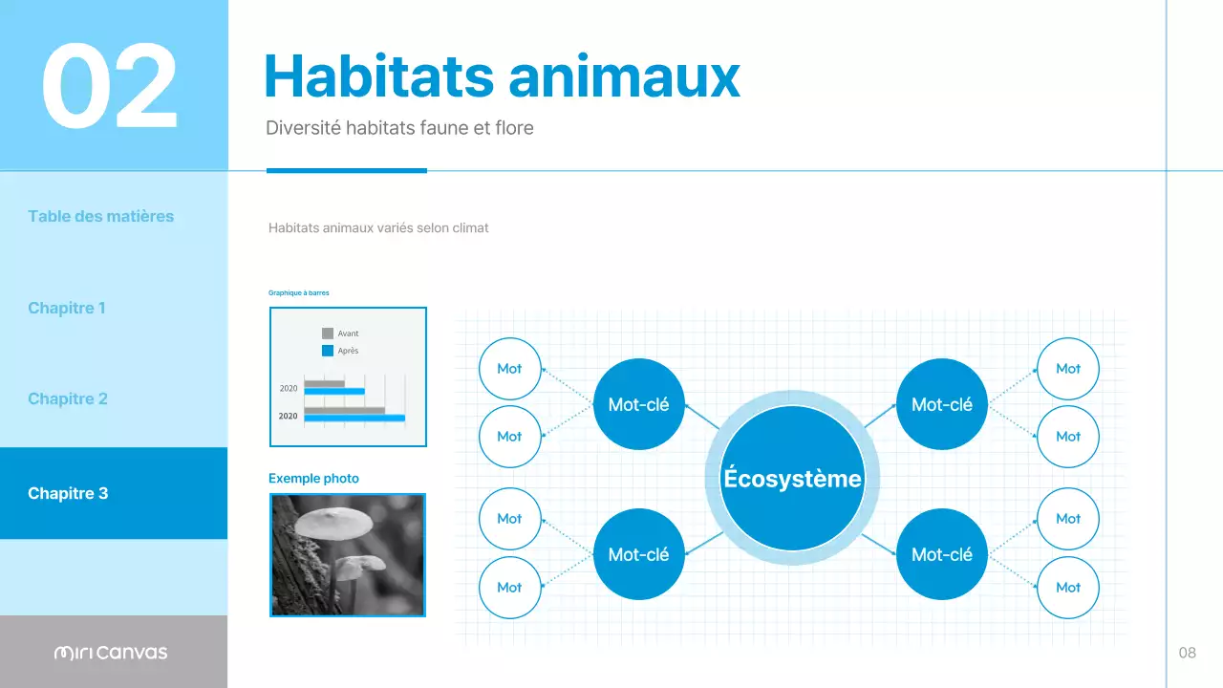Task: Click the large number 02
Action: (x=110, y=87)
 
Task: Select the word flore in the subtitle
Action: (x=513, y=127)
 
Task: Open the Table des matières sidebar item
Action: (x=101, y=216)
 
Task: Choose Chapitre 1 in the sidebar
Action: (x=67, y=308)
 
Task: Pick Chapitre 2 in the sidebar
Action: (x=68, y=398)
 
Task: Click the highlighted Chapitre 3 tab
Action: (x=68, y=493)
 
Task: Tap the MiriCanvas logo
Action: (x=111, y=653)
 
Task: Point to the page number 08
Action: (x=1187, y=653)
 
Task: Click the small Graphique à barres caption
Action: (x=299, y=293)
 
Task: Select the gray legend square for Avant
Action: (x=328, y=333)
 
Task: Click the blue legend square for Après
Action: (x=328, y=351)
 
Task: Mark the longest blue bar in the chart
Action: (x=354, y=419)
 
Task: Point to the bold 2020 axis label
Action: (x=288, y=417)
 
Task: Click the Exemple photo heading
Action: (x=313, y=478)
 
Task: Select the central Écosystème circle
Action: (x=792, y=479)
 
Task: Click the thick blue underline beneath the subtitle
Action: (x=347, y=170)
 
